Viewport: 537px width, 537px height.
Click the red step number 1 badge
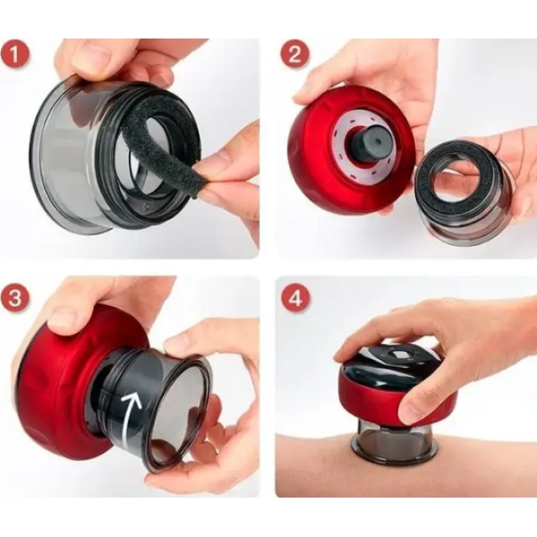click(x=14, y=55)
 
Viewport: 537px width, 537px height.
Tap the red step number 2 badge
click(x=294, y=54)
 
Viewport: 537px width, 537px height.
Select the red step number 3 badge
click(x=14, y=298)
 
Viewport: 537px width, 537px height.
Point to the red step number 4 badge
click(x=295, y=298)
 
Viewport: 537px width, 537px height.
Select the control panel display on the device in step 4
click(x=401, y=355)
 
